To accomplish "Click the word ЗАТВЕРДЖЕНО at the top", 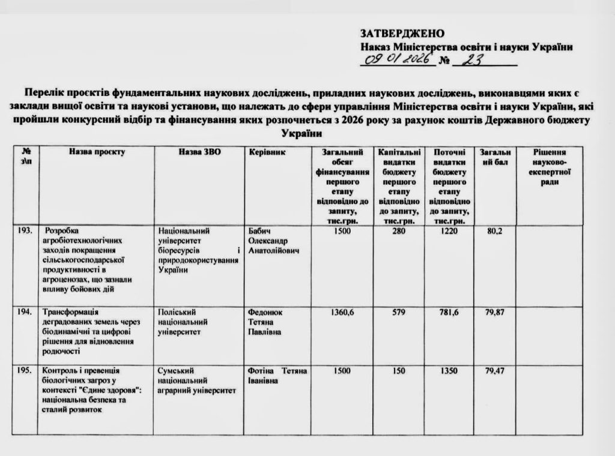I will pyautogui.click(x=402, y=33).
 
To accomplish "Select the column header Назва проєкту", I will pyautogui.click(x=97, y=152).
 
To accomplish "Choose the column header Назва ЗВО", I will pyautogui.click(x=199, y=152).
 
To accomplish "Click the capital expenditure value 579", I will pyautogui.click(x=399, y=312).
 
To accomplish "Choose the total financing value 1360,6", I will pyautogui.click(x=342, y=312).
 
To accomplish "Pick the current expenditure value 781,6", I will pyautogui.click(x=449, y=312).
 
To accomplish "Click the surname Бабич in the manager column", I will pyautogui.click(x=259, y=231).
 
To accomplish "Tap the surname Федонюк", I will pyautogui.click(x=265, y=312).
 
